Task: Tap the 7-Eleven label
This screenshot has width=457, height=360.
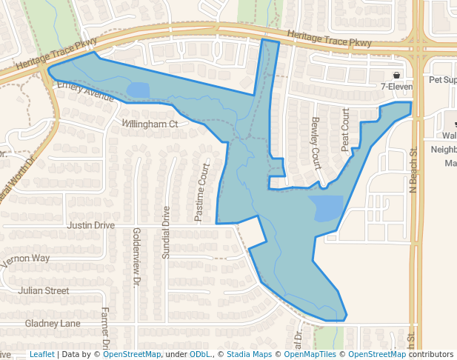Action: pos(395,87)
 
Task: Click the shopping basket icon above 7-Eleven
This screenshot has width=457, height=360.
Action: pos(397,76)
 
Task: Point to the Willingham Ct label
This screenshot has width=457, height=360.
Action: pos(150,124)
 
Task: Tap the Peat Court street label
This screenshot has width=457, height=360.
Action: pos(345,130)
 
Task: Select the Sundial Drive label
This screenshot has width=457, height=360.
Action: pos(166,232)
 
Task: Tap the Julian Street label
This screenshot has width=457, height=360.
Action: pos(44,291)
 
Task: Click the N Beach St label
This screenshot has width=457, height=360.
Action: pos(413,170)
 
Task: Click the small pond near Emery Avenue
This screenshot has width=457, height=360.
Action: pos(138,90)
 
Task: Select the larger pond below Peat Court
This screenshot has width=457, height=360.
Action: pos(326,207)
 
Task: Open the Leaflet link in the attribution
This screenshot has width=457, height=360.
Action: pos(41,355)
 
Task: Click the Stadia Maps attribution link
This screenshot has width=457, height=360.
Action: pos(249,355)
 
